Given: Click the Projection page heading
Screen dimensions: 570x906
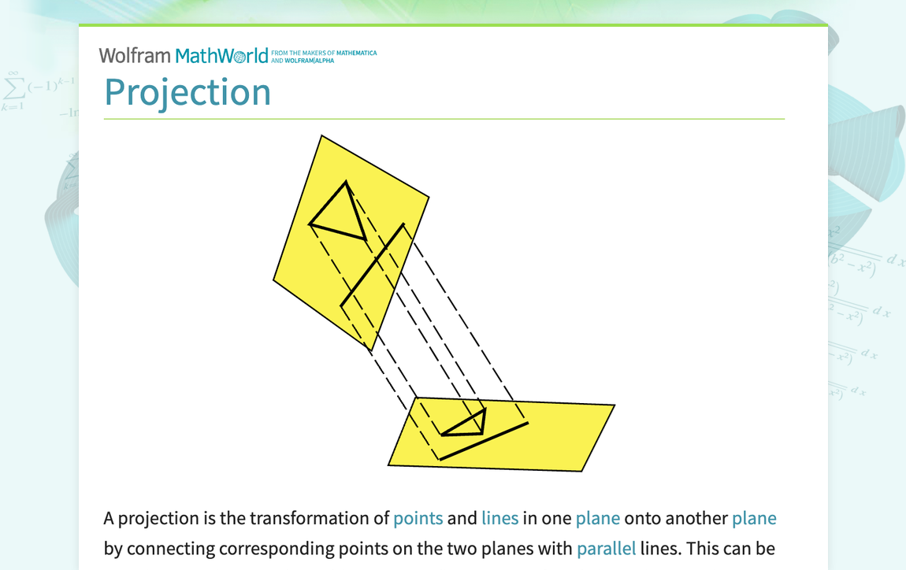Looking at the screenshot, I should [188, 92].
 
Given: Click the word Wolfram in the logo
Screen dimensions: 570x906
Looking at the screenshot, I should [135, 55].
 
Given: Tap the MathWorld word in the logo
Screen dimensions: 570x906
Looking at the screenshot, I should [221, 55].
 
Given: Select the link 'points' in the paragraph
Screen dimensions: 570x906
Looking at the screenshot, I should [418, 518].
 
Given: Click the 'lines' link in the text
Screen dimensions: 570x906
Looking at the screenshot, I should [499, 518].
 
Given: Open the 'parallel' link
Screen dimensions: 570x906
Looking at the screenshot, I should [606, 548].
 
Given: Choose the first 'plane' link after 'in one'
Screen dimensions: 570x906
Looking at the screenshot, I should [597, 518].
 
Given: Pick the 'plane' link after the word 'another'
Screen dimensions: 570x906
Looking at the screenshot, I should [754, 518].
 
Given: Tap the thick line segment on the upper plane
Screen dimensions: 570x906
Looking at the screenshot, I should [373, 265].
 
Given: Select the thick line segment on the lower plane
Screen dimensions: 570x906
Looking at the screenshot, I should [483, 441].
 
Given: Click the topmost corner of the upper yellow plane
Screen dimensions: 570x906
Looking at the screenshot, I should [321, 136].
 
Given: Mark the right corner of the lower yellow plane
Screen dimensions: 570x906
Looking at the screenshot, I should [614, 405].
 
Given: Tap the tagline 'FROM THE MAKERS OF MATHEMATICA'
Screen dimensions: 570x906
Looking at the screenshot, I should [323, 53].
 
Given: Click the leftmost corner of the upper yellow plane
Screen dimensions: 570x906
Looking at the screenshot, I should [274, 278].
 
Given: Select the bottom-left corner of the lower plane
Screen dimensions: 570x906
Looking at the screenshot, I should [389, 465].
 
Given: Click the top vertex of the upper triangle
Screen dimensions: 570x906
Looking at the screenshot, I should [346, 183].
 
